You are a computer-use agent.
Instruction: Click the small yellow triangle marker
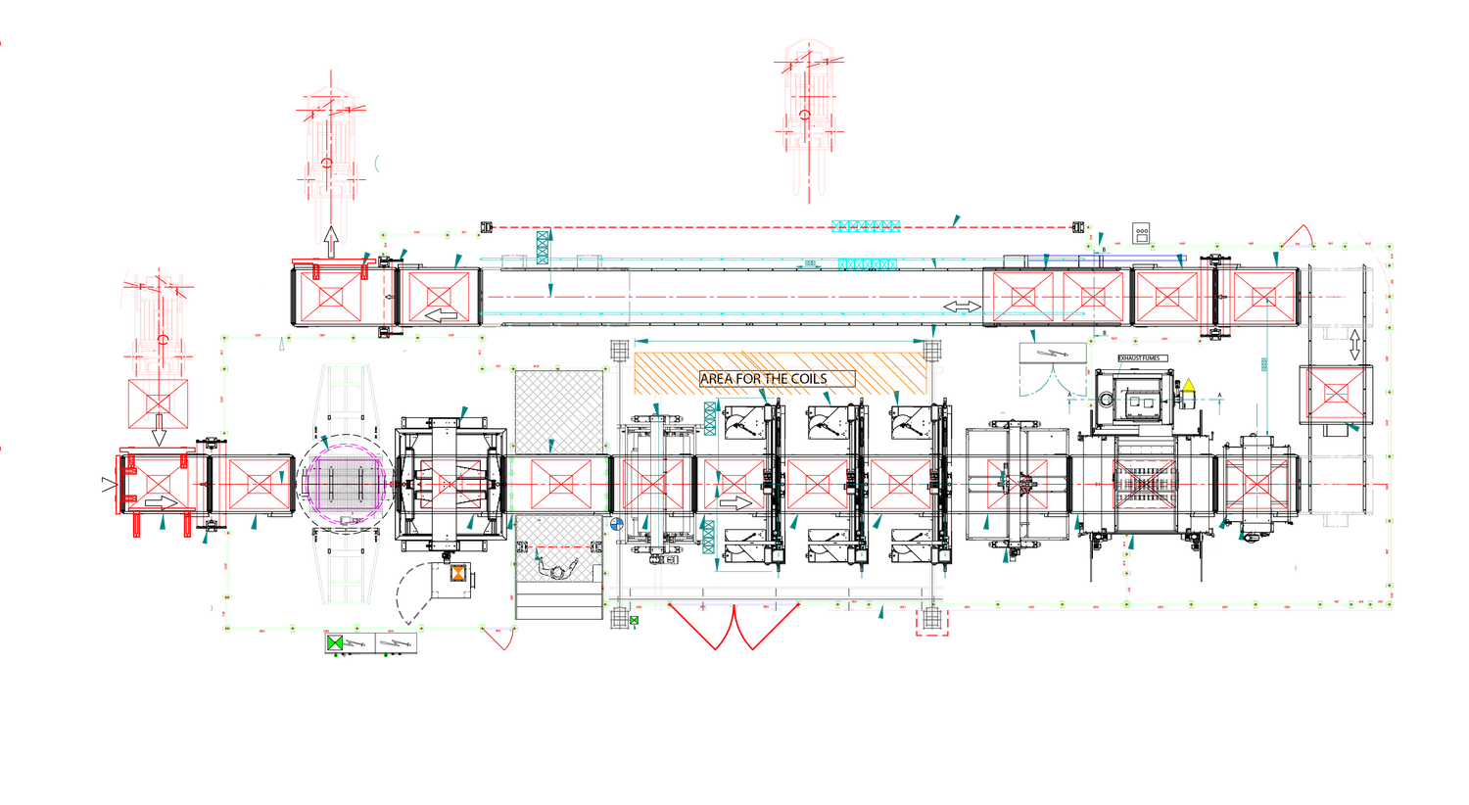(1189, 385)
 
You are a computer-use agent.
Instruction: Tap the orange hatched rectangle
(781, 373)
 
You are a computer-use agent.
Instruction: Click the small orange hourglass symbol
(458, 573)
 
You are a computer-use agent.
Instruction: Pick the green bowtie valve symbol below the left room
(336, 642)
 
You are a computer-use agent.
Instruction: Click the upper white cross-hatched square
(559, 411)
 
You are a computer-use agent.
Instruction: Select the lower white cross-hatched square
(558, 548)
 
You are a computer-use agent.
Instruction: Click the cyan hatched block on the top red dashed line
(866, 226)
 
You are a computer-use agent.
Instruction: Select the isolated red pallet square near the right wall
(1334, 394)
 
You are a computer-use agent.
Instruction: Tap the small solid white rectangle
(597, 574)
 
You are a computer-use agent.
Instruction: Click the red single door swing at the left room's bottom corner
(500, 639)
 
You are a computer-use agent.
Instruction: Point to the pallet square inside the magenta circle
(348, 484)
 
